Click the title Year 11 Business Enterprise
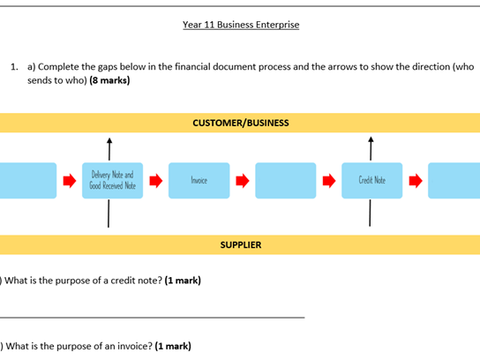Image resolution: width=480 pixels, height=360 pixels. click(240, 24)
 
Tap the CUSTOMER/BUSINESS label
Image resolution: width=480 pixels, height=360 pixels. click(240, 123)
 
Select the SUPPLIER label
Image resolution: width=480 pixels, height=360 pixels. click(240, 244)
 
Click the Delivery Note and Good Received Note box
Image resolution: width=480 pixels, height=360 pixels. click(113, 180)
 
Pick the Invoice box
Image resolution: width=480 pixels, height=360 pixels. click(199, 180)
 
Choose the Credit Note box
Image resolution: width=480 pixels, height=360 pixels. click(371, 180)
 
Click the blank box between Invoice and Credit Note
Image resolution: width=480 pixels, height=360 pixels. click(285, 180)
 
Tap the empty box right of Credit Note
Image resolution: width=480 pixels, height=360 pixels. click(454, 180)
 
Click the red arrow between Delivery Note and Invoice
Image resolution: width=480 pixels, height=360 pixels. click(155, 181)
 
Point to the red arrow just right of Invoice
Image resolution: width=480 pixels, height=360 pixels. click(242, 181)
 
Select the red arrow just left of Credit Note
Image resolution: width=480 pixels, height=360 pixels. click(328, 181)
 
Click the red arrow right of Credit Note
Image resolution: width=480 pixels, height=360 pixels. click(415, 181)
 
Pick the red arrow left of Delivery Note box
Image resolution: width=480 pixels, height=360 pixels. click(69, 181)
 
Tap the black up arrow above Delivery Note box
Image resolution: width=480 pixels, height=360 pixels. click(109, 146)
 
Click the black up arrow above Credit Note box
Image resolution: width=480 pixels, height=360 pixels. click(371, 146)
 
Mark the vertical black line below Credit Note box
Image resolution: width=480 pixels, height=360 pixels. click(371, 213)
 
